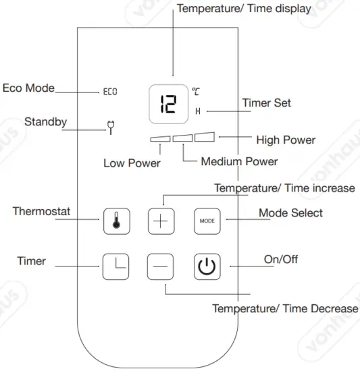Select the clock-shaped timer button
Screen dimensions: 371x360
pyautogui.click(x=113, y=265)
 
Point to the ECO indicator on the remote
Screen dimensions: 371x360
pyautogui.click(x=109, y=90)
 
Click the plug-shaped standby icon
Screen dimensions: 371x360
pyautogui.click(x=110, y=126)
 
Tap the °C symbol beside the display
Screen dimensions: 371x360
pyautogui.click(x=195, y=90)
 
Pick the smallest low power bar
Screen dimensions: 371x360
pyautogui.click(x=160, y=140)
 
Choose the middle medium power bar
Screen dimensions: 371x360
pyautogui.click(x=182, y=139)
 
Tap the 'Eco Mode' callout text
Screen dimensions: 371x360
pyautogui.click(x=28, y=88)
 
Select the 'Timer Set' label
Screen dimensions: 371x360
pyautogui.click(x=267, y=104)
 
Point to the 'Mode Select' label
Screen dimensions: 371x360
pyautogui.click(x=290, y=213)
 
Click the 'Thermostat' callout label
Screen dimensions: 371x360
pyautogui.click(x=42, y=212)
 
